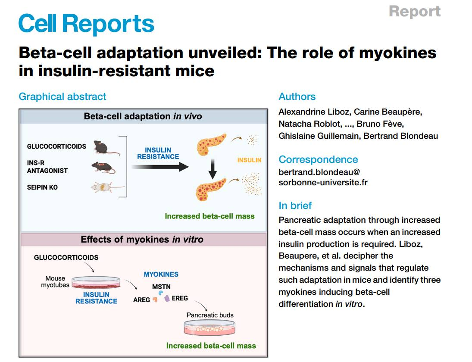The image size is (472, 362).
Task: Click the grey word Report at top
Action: point(414,11)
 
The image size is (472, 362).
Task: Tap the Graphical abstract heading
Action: point(63,97)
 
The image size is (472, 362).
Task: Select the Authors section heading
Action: point(297,97)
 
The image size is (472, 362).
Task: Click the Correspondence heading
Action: point(318,159)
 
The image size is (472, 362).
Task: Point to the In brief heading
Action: point(295,206)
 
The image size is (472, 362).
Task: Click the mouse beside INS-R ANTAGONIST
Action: point(103,167)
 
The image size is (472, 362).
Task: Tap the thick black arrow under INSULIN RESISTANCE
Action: point(160,167)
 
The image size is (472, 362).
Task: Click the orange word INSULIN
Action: point(249,160)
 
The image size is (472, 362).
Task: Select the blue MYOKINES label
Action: point(161,274)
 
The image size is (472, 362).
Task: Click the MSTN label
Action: point(161,286)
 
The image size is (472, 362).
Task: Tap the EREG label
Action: point(180,298)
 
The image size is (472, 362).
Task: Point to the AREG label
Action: point(141,300)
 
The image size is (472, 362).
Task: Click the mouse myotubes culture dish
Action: point(96,283)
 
